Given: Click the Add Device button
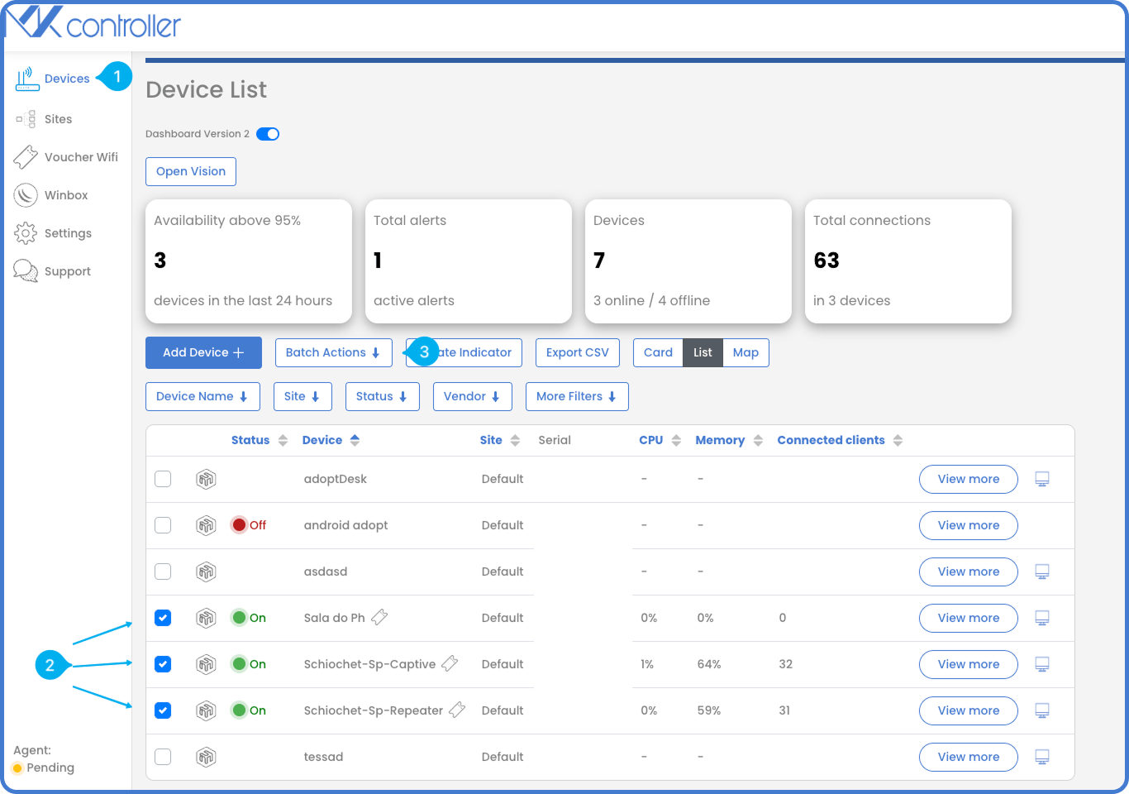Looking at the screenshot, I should [x=203, y=352].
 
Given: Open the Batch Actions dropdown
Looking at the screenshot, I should [x=333, y=352].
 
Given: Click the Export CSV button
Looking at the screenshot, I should [x=577, y=352].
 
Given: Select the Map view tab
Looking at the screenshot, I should [x=746, y=352].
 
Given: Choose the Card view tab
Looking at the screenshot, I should [x=658, y=352].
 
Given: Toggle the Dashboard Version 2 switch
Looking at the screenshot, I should [x=268, y=134].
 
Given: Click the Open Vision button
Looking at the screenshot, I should [x=191, y=171].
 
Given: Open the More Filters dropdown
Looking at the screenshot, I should [x=576, y=396].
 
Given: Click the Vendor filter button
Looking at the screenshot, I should [x=471, y=396].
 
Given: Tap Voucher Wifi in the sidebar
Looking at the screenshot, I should [x=80, y=157].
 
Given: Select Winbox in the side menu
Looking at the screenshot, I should [x=66, y=195].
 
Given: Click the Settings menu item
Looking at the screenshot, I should [x=68, y=233].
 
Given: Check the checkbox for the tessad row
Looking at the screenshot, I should [x=163, y=757].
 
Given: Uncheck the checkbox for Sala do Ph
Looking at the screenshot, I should [x=163, y=618].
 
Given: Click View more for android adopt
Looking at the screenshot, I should [x=968, y=525].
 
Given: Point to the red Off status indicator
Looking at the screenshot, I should [x=240, y=525].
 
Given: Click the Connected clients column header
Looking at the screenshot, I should [x=831, y=440].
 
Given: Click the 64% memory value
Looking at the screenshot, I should [x=709, y=664].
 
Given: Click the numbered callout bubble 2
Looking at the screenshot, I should [x=50, y=665].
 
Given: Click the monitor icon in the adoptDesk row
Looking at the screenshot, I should [x=1042, y=479].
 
